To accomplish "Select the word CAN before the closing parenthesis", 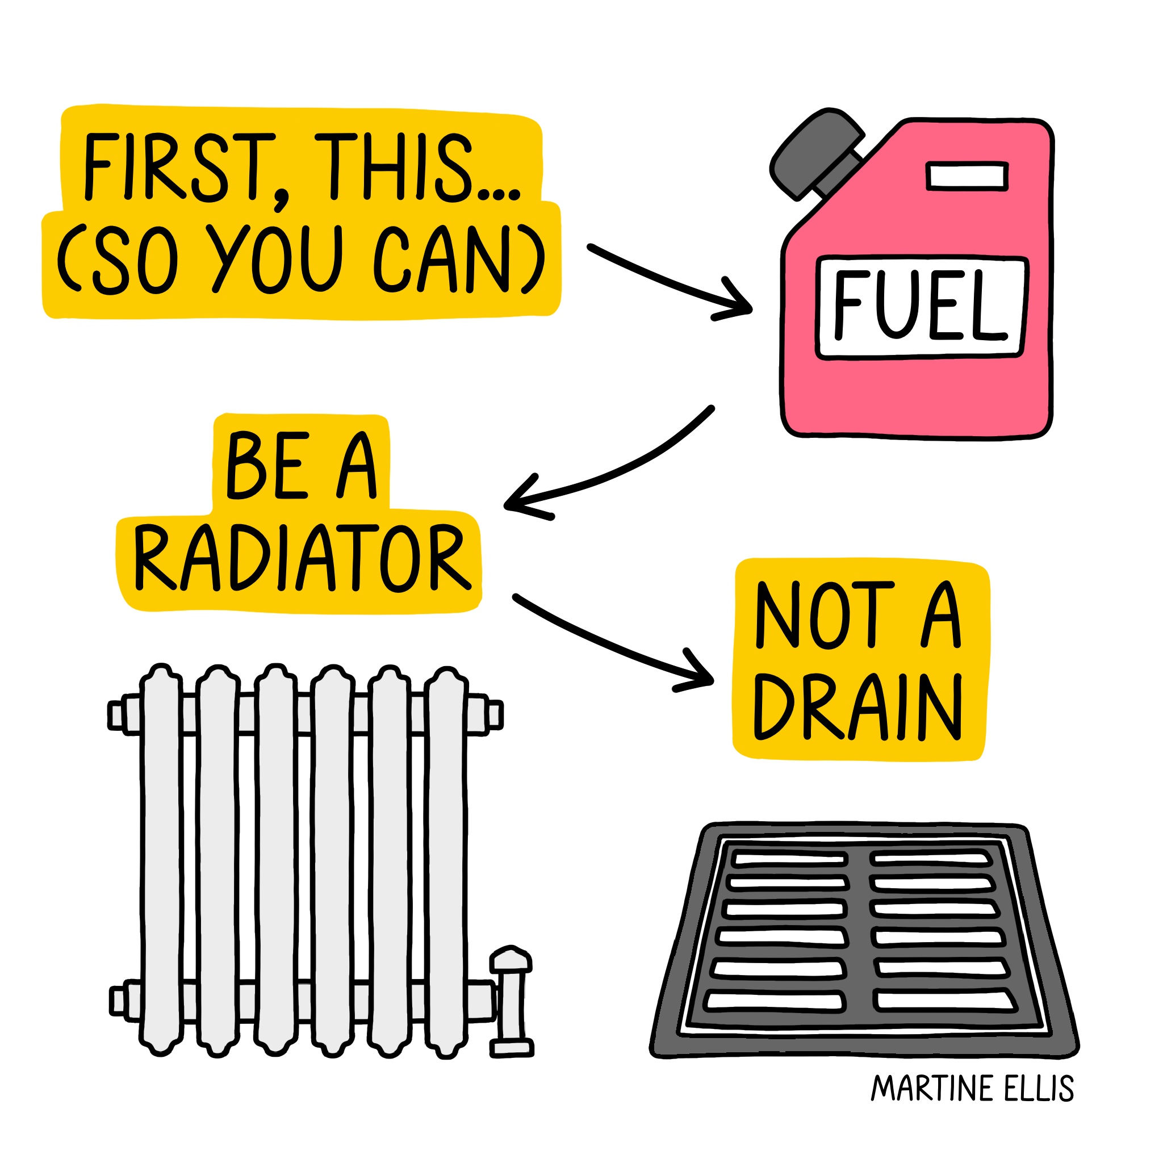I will (x=442, y=260).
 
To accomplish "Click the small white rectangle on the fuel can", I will (x=966, y=176).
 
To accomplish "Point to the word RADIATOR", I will (x=301, y=557).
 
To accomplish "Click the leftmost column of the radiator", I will (x=161, y=861).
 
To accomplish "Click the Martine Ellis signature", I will (x=972, y=1087).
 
